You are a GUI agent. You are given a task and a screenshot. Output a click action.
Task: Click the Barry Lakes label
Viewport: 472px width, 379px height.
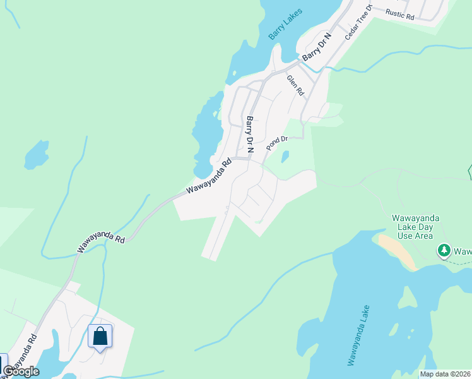click(286, 24)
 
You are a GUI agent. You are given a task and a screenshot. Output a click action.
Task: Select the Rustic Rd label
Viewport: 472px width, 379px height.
click(400, 15)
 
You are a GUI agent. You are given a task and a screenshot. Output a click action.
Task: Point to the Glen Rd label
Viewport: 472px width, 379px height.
click(295, 85)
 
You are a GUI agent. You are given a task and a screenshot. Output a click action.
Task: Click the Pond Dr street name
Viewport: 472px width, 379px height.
click(276, 143)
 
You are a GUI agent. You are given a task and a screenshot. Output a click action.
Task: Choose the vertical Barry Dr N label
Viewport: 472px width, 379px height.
click(250, 135)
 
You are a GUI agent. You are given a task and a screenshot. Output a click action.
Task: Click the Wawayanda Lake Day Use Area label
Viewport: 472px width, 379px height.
click(415, 227)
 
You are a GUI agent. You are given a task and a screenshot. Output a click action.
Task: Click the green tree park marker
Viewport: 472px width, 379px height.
click(444, 251)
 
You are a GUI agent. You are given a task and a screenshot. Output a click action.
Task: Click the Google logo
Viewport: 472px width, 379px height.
click(21, 371)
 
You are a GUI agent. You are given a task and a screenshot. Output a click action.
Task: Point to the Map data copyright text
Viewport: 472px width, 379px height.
click(445, 374)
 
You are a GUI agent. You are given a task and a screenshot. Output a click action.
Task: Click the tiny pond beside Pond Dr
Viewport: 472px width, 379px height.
click(285, 155)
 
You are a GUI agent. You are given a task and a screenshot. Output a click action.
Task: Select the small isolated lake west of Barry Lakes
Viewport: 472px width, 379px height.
click(37, 154)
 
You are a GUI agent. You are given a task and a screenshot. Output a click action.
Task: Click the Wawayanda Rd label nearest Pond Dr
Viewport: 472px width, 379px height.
click(209, 177)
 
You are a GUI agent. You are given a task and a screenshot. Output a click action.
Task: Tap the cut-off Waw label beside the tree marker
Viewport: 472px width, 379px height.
click(463, 251)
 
